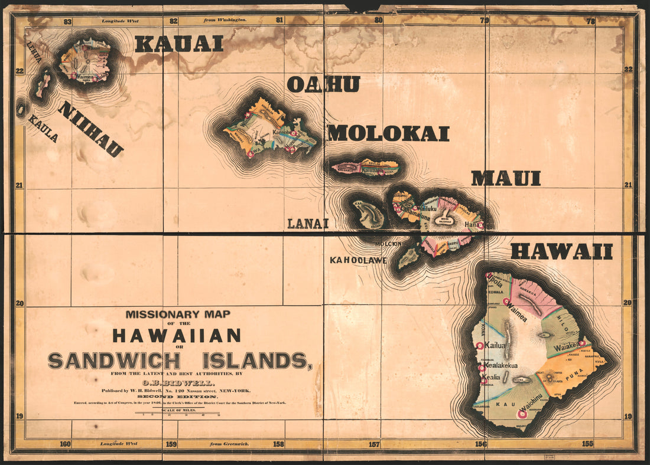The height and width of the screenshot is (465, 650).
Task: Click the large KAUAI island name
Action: pos(179,44)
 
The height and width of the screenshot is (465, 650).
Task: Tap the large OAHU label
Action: pos(323,84)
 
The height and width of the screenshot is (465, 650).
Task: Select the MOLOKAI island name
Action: pos(389,133)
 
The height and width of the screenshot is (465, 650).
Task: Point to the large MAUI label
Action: pos(506,178)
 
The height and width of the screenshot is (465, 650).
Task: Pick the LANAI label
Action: pos(307,224)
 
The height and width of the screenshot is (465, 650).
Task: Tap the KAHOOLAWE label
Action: pos(358,260)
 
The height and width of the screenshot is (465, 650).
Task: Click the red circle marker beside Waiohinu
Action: pos(521,414)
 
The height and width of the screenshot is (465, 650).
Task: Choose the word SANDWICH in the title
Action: pos(113,361)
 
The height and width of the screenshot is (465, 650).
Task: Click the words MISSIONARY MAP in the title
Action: pos(177,315)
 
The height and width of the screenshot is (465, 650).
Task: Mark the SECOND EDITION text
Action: pos(177,397)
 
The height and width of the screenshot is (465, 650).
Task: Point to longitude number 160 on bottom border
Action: pos(65,444)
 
